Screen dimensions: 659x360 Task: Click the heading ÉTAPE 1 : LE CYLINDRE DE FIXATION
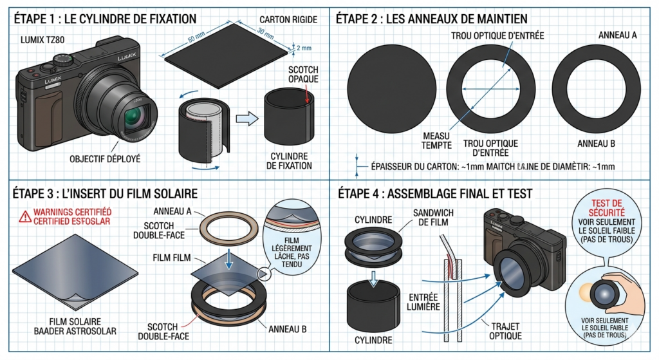pos(105,19)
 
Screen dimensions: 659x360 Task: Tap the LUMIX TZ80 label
pos(42,40)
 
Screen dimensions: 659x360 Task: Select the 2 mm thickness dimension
pos(304,48)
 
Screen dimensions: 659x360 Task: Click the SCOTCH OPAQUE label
pos(303,74)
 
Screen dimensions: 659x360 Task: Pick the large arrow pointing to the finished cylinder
pos(246,118)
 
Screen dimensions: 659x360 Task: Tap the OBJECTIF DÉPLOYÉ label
pos(105,159)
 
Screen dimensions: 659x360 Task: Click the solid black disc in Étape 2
pos(391,90)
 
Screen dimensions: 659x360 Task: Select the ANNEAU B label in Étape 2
pos(596,144)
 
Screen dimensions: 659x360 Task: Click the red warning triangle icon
pos(25,216)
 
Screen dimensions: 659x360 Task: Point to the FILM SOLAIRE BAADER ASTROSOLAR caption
pos(75,327)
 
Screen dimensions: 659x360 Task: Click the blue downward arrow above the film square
pos(228,259)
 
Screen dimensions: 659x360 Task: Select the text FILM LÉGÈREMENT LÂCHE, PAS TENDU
pos(292,252)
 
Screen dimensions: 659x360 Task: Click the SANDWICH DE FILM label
pos(433,218)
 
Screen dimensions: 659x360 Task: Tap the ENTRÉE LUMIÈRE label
pos(423,302)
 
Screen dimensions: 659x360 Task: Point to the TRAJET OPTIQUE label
pos(505,331)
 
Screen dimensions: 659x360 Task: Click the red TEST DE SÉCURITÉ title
pos(606,208)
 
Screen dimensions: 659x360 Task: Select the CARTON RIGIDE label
pos(288,20)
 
